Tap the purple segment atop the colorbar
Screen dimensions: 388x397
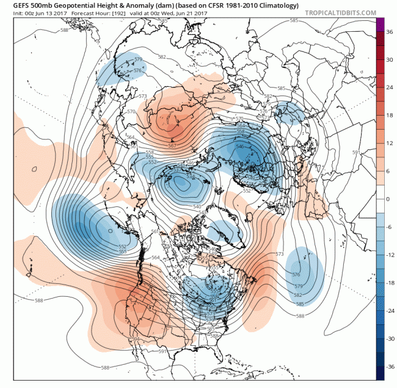380,25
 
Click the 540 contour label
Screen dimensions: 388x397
197,208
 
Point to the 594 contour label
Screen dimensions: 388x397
135,338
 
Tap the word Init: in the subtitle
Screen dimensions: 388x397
10,13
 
